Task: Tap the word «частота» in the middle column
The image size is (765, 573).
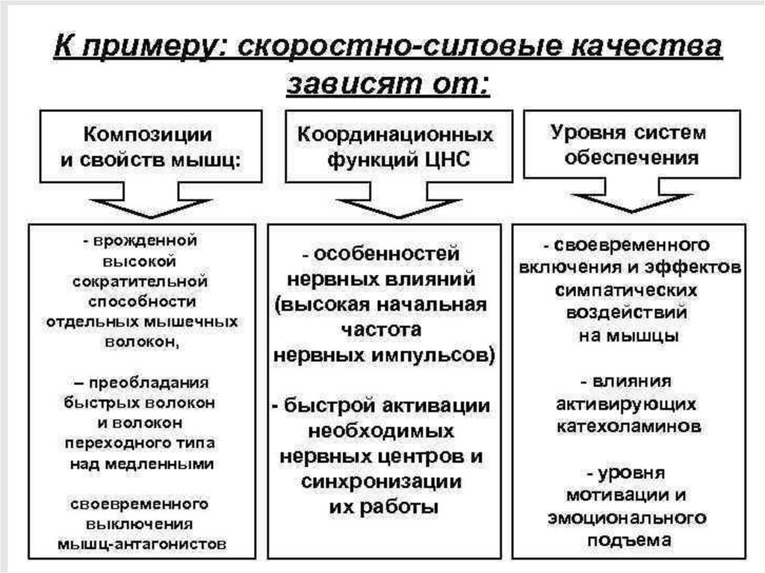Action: (x=383, y=329)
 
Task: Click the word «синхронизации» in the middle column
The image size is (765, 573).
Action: (x=381, y=482)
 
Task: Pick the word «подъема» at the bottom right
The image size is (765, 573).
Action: (x=628, y=540)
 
